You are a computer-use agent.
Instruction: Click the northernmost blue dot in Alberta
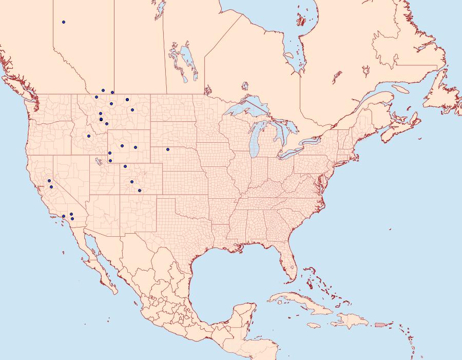(64, 22)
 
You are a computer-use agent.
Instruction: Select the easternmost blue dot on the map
(168, 149)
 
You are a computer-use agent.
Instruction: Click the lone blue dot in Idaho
(89, 136)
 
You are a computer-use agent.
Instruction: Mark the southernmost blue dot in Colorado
(140, 191)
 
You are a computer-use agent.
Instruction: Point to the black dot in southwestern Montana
(101, 120)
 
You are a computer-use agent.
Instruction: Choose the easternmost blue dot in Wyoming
(136, 147)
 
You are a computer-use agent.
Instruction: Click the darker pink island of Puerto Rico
(380, 324)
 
